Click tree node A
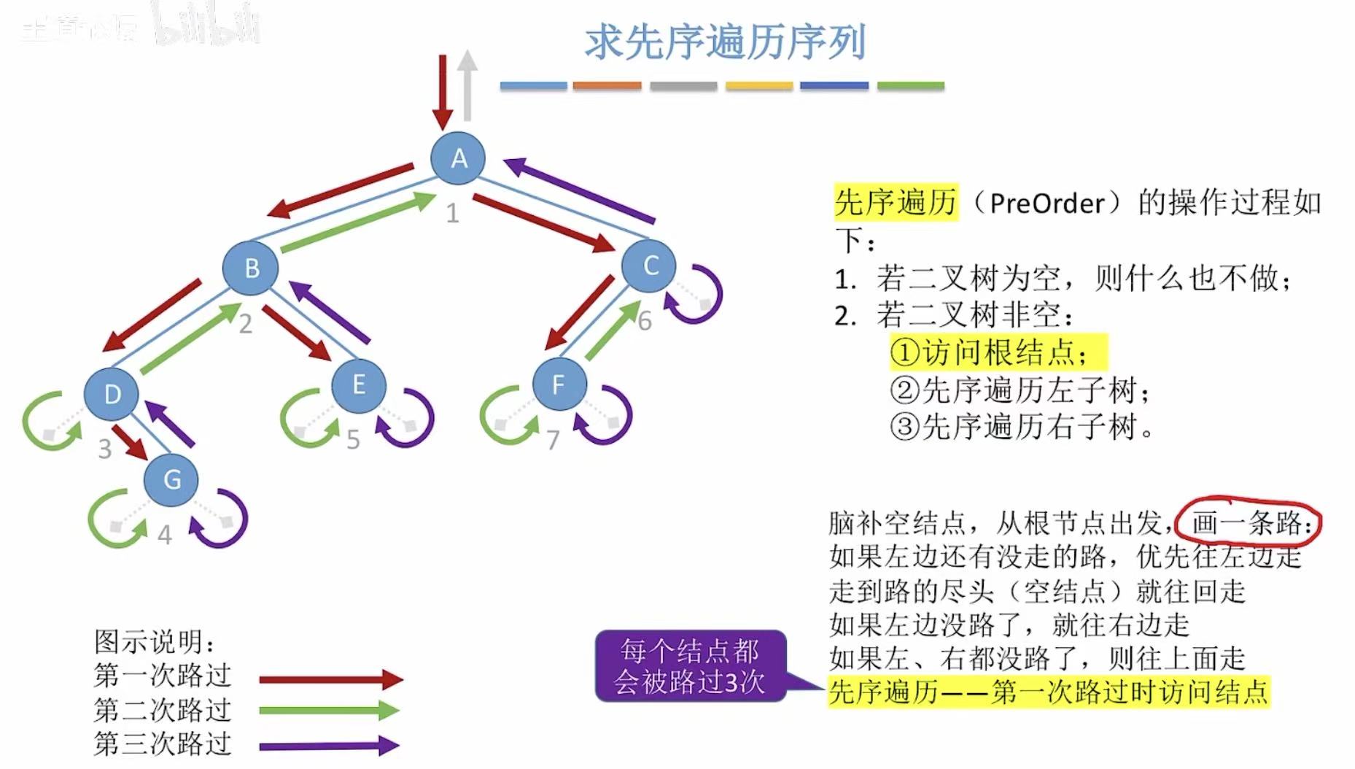point(458,158)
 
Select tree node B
point(251,268)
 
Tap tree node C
point(650,266)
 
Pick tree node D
point(112,394)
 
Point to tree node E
point(358,384)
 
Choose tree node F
point(559,384)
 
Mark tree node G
point(171,479)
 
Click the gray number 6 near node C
point(645,321)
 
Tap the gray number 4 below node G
point(165,536)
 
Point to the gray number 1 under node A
point(452,213)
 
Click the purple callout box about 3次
point(690,666)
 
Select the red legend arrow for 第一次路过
point(330,680)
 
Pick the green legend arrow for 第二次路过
point(328,711)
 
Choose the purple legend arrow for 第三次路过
point(328,746)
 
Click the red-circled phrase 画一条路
point(1249,522)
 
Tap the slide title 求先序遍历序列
point(725,42)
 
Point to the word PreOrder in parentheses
point(1047,203)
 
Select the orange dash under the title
point(607,86)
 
